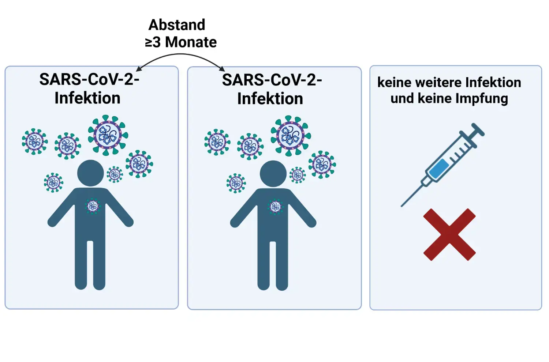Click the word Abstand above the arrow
tap(177, 25)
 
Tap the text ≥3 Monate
tap(181, 42)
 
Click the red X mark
tap(449, 234)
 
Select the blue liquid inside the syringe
tap(439, 169)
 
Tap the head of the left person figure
tap(90, 173)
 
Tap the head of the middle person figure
tap(273, 174)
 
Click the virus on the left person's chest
tap(93, 206)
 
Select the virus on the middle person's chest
tap(275, 207)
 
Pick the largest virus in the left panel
tap(108, 135)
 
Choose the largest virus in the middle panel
tap(291, 136)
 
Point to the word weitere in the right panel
tap(439, 83)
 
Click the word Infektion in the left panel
tap(87, 98)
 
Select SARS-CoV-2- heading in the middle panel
tap(272, 80)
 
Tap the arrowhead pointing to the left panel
tap(138, 69)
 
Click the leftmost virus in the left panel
tap(34, 141)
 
